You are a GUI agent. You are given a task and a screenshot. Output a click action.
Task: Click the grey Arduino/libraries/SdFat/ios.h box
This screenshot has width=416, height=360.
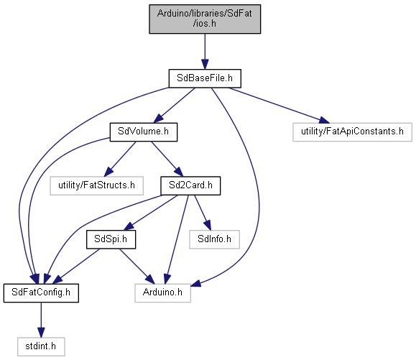coord(205,19)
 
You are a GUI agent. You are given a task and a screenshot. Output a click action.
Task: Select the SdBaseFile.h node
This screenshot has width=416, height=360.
coord(205,78)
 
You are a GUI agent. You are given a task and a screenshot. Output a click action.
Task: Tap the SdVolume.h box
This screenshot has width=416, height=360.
coord(144,131)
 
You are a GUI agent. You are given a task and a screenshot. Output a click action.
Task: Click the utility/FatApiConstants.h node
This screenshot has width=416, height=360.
coord(352,131)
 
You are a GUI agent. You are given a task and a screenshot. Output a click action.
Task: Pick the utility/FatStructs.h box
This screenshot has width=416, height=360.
coord(96,185)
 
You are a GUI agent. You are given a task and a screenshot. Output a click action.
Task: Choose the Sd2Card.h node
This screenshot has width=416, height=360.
coord(190,185)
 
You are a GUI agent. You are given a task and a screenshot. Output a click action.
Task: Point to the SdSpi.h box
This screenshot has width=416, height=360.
coord(111,239)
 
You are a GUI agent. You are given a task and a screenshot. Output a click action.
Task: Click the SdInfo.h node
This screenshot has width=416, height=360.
coord(214,239)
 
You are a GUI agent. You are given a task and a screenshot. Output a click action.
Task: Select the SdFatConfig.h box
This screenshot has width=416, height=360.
coord(41,293)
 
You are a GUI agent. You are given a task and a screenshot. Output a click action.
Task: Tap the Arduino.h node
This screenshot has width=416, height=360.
coord(162,293)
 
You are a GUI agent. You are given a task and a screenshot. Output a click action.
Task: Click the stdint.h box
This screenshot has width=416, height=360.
coord(41,346)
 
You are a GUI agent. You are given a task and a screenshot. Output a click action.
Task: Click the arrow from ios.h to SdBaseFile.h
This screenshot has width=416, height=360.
coord(205,52)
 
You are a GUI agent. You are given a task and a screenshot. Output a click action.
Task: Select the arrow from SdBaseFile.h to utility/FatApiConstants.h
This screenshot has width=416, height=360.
coord(279,106)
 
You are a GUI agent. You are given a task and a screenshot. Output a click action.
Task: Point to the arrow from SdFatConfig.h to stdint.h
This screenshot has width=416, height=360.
coord(41,320)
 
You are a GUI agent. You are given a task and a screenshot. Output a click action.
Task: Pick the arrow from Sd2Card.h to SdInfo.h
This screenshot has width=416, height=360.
coord(203,213)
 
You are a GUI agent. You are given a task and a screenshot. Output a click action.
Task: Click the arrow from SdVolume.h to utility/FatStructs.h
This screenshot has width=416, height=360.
coord(120,159)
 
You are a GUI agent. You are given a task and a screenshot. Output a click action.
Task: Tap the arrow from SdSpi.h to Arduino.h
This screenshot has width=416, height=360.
coord(137,267)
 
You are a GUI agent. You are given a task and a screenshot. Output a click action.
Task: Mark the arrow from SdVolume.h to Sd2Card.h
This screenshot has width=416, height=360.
coord(167,159)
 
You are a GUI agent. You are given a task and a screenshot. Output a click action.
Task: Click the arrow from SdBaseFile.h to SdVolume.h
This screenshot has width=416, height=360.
coord(175,106)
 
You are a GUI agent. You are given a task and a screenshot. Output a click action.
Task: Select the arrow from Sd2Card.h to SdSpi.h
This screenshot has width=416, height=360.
coord(151,213)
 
